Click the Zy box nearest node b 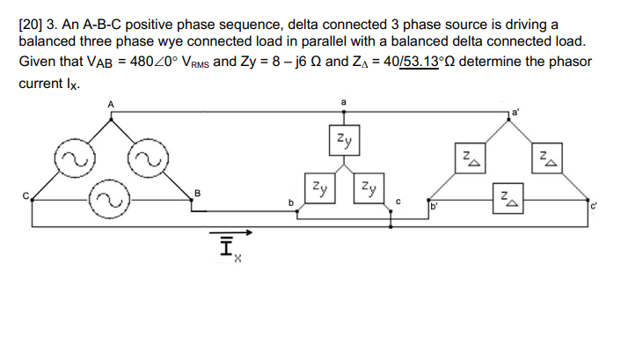click(x=320, y=187)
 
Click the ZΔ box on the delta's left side click(x=471, y=159)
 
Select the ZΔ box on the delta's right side click(x=545, y=159)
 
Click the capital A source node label click(x=111, y=106)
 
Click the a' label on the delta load click(x=515, y=112)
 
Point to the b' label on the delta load click(x=434, y=209)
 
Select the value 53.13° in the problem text click(x=421, y=62)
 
